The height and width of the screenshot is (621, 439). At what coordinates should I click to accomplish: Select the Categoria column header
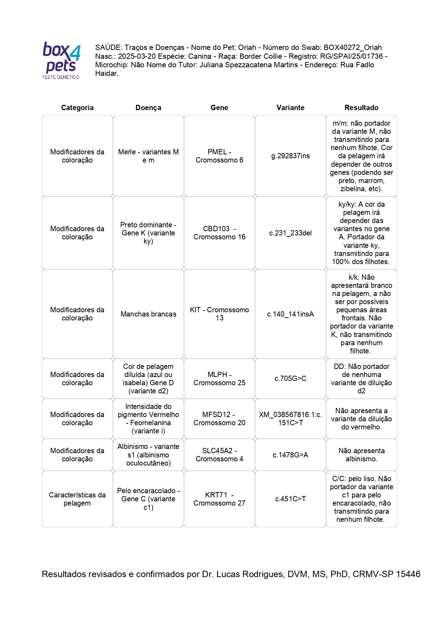(x=77, y=108)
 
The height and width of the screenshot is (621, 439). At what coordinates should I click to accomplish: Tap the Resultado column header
(x=361, y=108)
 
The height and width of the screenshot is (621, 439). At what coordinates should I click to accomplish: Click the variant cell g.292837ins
(x=290, y=156)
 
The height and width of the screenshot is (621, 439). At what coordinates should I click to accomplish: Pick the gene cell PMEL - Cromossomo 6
(x=219, y=156)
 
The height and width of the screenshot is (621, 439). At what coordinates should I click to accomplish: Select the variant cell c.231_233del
(x=290, y=233)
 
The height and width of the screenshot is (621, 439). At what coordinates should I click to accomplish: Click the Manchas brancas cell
(x=148, y=314)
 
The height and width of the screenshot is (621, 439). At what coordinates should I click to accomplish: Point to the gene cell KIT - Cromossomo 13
(x=219, y=314)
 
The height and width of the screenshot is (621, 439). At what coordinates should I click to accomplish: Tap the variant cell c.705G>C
(x=290, y=378)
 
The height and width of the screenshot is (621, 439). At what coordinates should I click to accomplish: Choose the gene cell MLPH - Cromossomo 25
(x=219, y=378)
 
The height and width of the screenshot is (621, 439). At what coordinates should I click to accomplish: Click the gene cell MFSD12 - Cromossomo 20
(x=219, y=418)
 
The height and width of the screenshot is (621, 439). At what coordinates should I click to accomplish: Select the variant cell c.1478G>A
(x=290, y=455)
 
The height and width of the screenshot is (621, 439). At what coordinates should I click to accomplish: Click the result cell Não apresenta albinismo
(x=361, y=455)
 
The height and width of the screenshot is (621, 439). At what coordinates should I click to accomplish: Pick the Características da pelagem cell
(x=77, y=499)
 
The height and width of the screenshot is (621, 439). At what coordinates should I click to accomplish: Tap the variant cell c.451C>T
(x=290, y=499)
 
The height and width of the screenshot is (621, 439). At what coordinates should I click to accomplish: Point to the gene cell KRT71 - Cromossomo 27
(x=219, y=499)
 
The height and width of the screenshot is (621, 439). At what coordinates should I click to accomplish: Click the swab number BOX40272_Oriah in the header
(x=352, y=47)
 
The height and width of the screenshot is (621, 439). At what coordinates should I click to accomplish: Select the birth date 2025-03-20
(x=137, y=56)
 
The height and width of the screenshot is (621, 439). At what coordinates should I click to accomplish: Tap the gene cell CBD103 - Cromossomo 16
(x=219, y=233)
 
